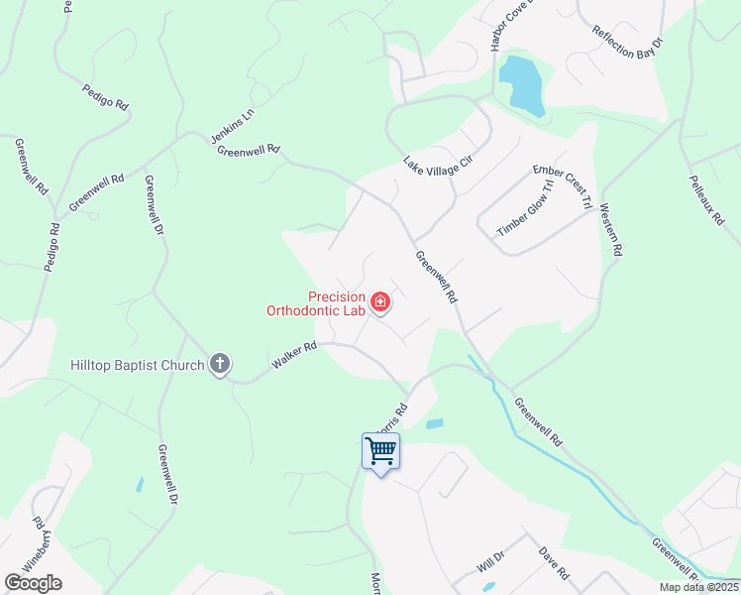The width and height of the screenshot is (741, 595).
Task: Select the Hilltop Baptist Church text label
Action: point(137,365)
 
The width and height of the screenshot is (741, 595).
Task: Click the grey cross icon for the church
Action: point(220,365)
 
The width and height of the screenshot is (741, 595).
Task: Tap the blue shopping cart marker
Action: point(381,452)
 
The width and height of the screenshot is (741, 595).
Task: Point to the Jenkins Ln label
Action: point(233,126)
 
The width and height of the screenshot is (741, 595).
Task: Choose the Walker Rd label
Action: point(294,358)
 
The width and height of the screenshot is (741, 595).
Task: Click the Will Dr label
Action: point(490,562)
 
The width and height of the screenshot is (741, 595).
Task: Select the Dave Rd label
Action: point(554,562)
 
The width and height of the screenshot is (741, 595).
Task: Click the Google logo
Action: point(33,582)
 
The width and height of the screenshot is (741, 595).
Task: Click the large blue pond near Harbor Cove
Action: point(522,84)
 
